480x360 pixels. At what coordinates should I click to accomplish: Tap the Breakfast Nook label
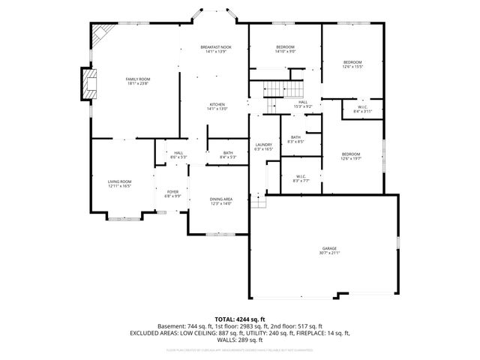tap(216, 50)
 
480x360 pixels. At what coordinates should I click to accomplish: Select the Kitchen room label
tap(217, 107)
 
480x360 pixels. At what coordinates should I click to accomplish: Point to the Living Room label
tap(120, 183)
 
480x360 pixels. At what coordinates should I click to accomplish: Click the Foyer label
tap(173, 193)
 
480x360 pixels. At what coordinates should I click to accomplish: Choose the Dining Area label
tap(220, 201)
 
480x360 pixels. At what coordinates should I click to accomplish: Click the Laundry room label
tap(263, 146)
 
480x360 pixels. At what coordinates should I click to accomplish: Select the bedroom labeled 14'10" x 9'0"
tap(285, 50)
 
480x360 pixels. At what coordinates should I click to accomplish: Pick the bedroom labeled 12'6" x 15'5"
tap(352, 64)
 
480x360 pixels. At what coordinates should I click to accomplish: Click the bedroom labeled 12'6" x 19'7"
tap(350, 157)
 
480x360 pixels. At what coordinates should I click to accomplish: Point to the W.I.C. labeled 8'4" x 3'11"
tap(362, 109)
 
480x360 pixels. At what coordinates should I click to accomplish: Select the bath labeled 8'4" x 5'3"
tap(228, 155)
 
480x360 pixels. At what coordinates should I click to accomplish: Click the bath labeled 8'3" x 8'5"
tap(295, 139)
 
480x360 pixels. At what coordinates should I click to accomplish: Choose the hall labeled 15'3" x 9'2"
tap(302, 104)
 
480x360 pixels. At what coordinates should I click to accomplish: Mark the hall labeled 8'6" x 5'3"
tap(178, 155)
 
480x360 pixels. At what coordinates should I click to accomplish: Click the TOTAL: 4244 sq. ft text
tap(240, 319)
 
